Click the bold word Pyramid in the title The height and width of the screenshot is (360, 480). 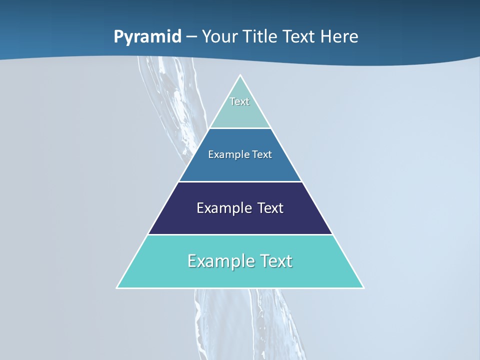point(147,37)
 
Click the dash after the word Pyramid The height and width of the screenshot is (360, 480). point(191,37)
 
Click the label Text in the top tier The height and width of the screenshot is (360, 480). point(239,101)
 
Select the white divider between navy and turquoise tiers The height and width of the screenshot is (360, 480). point(240,234)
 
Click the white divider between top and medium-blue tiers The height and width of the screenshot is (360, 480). point(240,128)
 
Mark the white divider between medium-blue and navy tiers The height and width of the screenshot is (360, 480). point(240,181)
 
